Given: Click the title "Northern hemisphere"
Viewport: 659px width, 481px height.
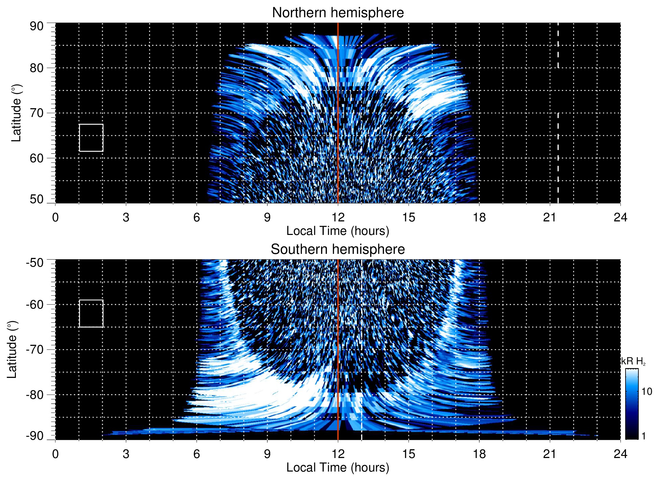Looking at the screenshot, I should click(x=338, y=13).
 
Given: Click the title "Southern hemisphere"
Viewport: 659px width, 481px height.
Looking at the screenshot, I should click(x=338, y=249).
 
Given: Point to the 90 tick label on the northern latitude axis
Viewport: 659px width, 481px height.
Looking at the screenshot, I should click(x=36, y=26).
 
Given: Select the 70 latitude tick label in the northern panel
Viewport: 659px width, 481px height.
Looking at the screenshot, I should click(x=36, y=113).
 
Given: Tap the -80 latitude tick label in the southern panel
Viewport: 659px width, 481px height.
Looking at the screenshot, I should click(x=35, y=395).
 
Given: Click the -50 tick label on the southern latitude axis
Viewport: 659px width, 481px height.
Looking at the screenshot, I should click(x=35, y=263).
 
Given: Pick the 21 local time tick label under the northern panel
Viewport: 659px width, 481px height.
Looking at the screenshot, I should click(x=550, y=217).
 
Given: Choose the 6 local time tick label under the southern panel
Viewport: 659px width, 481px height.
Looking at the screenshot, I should click(x=196, y=454).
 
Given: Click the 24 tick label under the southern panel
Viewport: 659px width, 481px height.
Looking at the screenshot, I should click(x=620, y=454).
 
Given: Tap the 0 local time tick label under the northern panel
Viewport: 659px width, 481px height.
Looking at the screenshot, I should click(x=55, y=217).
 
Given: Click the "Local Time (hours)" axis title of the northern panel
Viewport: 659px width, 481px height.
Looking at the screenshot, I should click(x=338, y=231).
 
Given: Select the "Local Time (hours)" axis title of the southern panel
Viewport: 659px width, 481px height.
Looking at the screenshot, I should click(x=338, y=467).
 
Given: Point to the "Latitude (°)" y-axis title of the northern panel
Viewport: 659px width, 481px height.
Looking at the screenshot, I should click(x=16, y=113).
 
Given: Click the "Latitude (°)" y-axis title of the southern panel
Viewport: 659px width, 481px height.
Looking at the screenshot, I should click(x=12, y=350).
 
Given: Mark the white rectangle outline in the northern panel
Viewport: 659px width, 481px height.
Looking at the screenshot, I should click(x=91, y=124).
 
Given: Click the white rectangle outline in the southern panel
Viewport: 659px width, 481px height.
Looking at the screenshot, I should click(x=91, y=300).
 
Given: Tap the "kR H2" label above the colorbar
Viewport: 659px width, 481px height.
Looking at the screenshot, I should click(x=633, y=361).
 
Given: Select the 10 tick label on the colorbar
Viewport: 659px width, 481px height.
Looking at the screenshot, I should click(x=646, y=392).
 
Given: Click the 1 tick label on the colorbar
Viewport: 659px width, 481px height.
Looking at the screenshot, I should click(x=643, y=436).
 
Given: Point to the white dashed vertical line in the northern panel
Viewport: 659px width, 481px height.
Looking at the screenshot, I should click(x=558, y=135).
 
